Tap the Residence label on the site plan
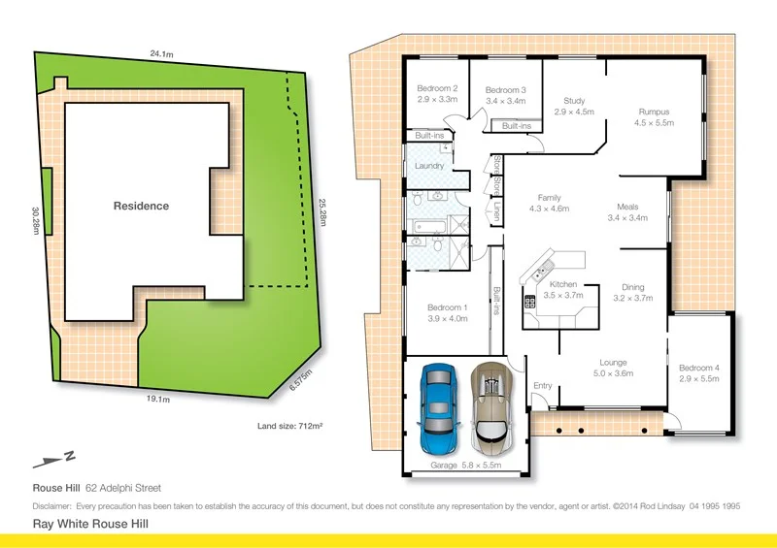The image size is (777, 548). [141, 206]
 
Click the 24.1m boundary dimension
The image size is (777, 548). [162, 53]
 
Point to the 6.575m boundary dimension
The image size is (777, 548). [301, 380]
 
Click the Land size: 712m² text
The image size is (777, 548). [289, 425]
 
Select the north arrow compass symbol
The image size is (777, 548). [53, 459]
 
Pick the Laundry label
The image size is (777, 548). [429, 166]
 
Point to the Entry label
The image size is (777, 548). [542, 386]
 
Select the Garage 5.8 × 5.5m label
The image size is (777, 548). [465, 467]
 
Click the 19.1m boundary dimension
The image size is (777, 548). [157, 399]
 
